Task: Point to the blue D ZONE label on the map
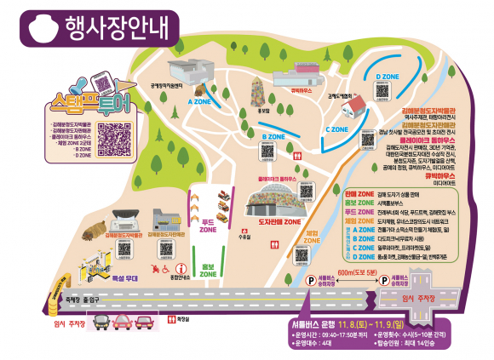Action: [388, 75]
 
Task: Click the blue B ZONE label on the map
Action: [273, 136]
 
